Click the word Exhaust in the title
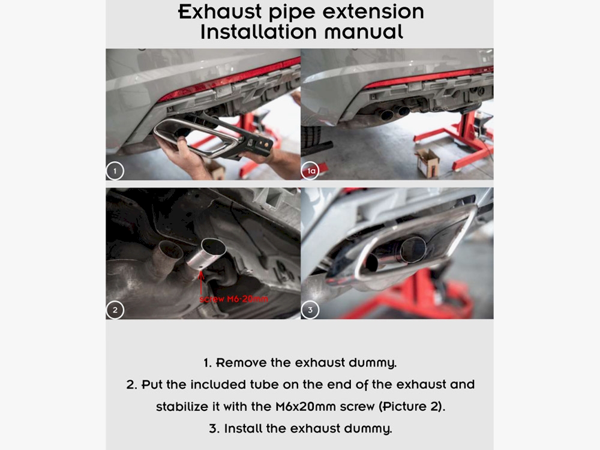220,12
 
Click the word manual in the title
364,32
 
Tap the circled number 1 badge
115,170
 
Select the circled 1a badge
310,170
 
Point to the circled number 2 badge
115,310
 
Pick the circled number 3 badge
310,310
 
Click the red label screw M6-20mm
234,299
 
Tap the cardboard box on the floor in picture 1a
427,163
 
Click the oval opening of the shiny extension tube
214,247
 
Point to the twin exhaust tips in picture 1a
395,113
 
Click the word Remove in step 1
241,362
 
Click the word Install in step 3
244,428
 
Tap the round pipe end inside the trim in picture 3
413,250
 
